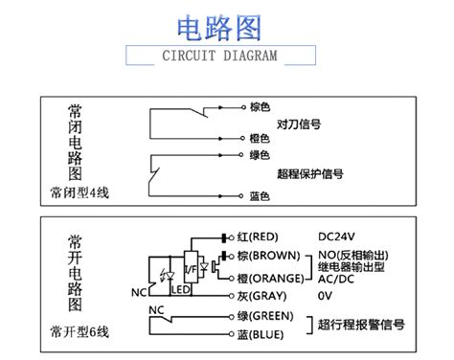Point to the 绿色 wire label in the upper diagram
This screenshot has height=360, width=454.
260,154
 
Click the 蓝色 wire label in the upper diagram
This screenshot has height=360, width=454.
260,196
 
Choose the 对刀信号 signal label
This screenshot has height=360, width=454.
298,124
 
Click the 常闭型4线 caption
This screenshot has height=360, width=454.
79,192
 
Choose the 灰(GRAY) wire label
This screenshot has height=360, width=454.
260,296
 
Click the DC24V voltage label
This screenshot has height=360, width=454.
337,236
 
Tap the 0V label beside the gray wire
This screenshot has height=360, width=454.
326,296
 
